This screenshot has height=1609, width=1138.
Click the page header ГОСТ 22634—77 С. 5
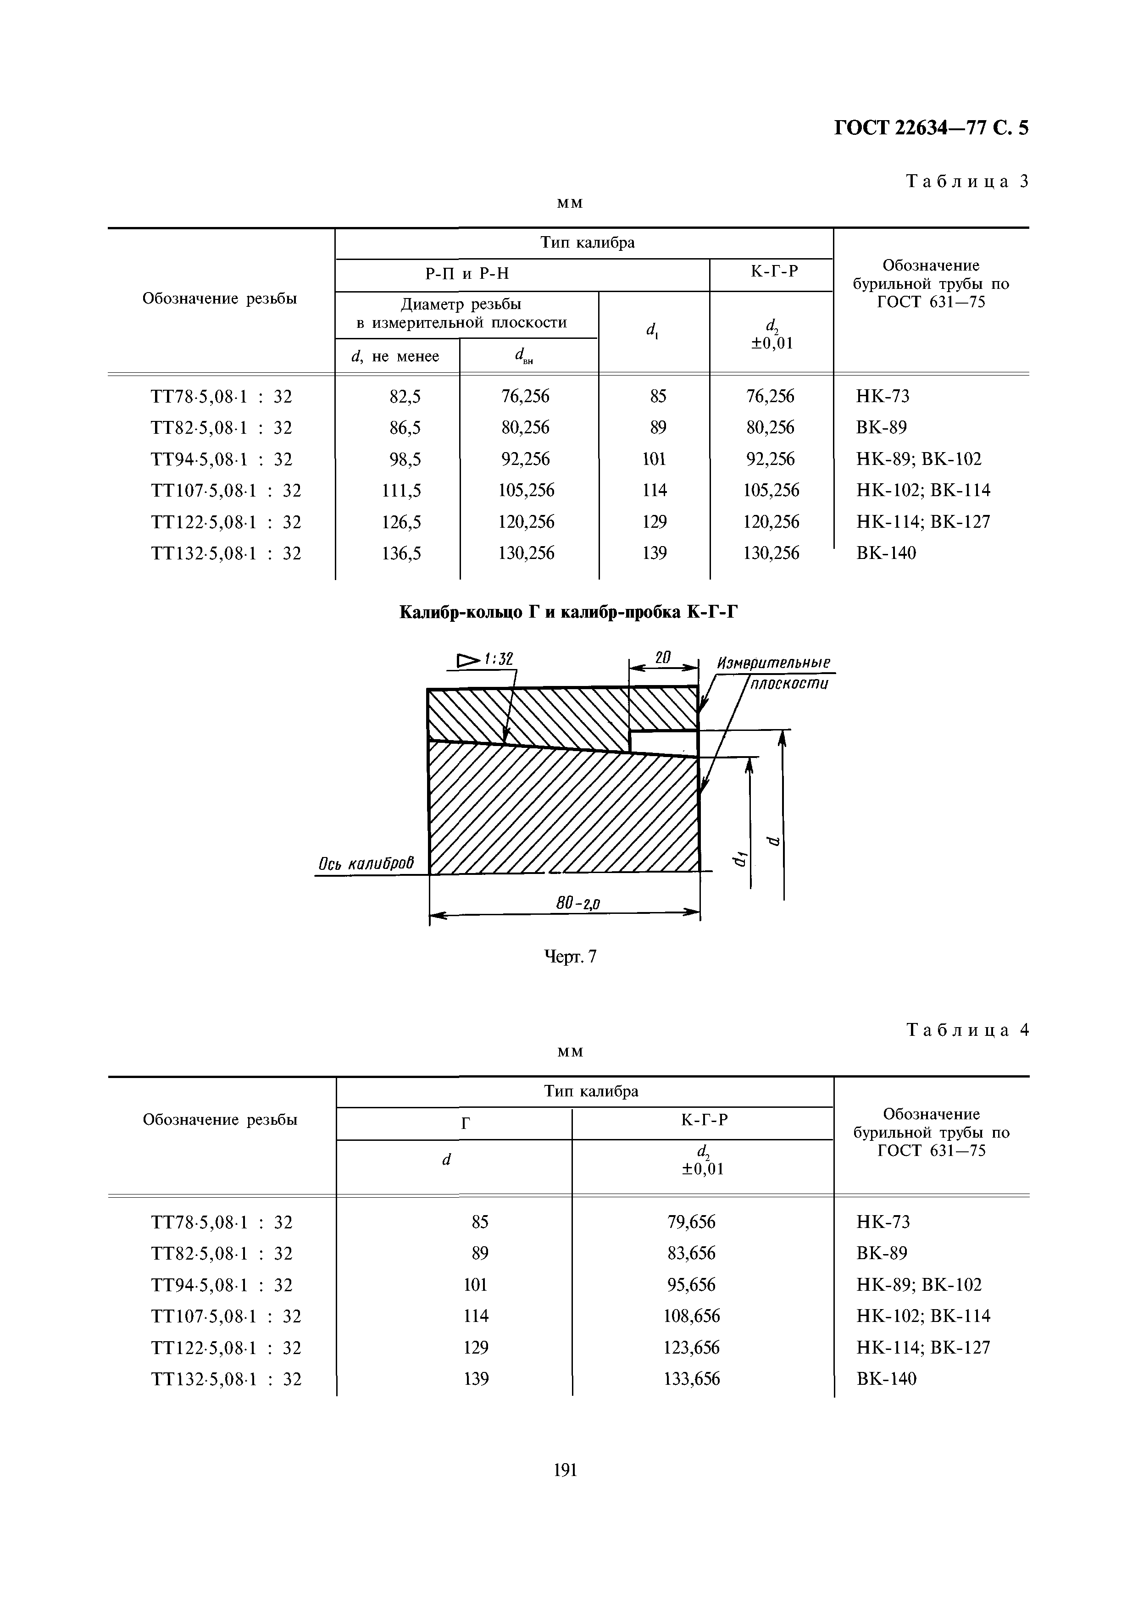pyautogui.click(x=931, y=128)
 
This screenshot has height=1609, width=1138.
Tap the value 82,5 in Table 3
pyautogui.click(x=405, y=397)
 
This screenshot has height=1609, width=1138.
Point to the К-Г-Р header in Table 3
pyautogui.click(x=774, y=271)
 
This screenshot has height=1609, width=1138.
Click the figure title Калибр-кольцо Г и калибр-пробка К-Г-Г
pyautogui.click(x=569, y=613)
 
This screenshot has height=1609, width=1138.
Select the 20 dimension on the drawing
pyautogui.click(x=663, y=658)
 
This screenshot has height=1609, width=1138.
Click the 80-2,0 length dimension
pyautogui.click(x=578, y=904)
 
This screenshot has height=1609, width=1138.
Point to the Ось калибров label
pyautogui.click(x=365, y=864)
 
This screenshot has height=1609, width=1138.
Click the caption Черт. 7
pyautogui.click(x=570, y=957)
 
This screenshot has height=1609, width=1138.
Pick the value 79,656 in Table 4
pyautogui.click(x=691, y=1222)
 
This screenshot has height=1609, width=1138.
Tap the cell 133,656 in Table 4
pyautogui.click(x=691, y=1379)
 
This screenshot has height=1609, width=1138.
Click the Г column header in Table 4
pyautogui.click(x=465, y=1124)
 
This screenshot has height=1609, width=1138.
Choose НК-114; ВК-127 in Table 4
pyautogui.click(x=923, y=1348)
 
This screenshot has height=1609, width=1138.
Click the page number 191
pyautogui.click(x=565, y=1470)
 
